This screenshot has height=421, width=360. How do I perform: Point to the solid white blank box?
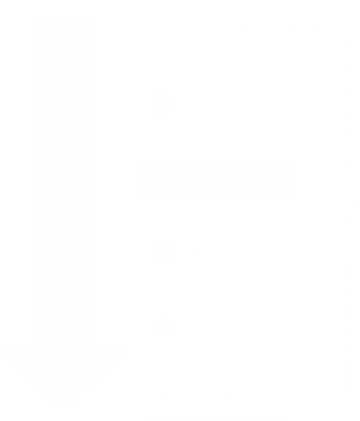[214, 179]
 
